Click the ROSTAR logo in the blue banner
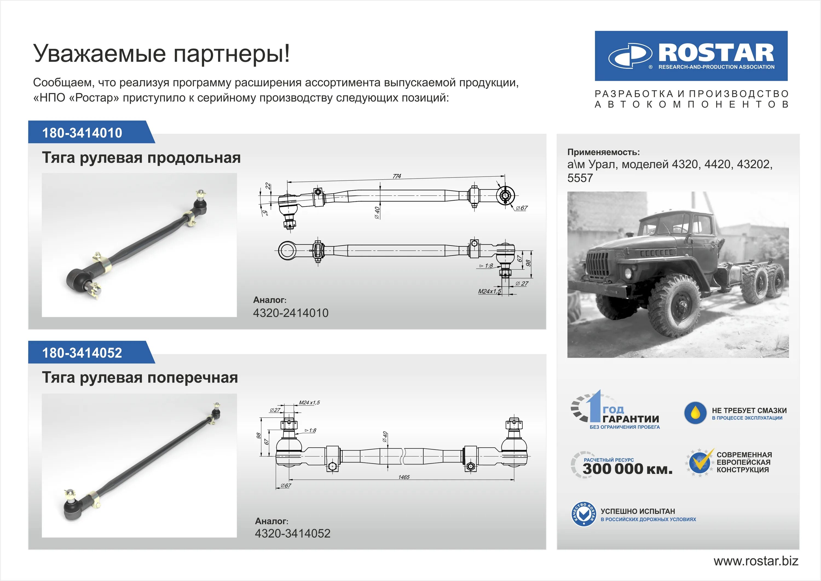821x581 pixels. click(x=691, y=56)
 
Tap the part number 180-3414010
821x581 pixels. click(x=82, y=133)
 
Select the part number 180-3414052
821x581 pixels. click(x=82, y=353)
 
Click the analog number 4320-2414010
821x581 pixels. click(x=290, y=313)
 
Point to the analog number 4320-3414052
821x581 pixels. click(x=293, y=533)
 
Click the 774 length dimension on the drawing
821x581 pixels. click(x=397, y=176)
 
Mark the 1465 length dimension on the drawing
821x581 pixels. click(x=404, y=477)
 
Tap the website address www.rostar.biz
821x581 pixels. click(x=756, y=561)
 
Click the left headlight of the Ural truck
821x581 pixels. click(x=628, y=273)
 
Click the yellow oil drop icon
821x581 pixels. click(x=695, y=413)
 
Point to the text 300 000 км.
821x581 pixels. click(x=628, y=469)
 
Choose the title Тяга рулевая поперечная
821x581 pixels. click(x=140, y=378)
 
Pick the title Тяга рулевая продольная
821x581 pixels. click(x=141, y=157)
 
